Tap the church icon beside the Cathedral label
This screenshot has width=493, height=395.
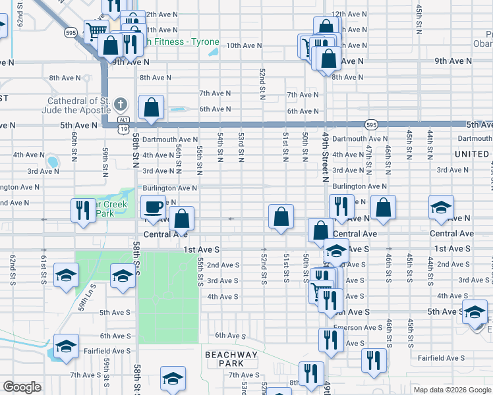[x=120, y=104]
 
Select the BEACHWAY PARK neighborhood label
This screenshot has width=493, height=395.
[x=231, y=359]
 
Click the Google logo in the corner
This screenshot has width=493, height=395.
[x=22, y=387]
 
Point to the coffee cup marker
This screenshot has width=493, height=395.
[x=153, y=207]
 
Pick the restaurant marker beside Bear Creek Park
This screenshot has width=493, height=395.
[x=83, y=210]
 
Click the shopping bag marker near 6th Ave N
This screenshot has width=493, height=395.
[x=151, y=108]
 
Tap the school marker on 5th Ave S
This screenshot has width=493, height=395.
[x=474, y=313]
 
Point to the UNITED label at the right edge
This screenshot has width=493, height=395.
[x=472, y=154]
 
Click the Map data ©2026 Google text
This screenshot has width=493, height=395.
[x=451, y=390]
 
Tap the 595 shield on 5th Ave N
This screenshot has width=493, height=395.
[x=372, y=124]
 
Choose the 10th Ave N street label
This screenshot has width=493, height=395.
[x=244, y=46]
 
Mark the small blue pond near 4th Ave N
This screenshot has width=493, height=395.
[x=51, y=161]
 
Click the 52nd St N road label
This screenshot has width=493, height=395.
[x=262, y=83]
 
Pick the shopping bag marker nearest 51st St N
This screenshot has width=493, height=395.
[x=281, y=217]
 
